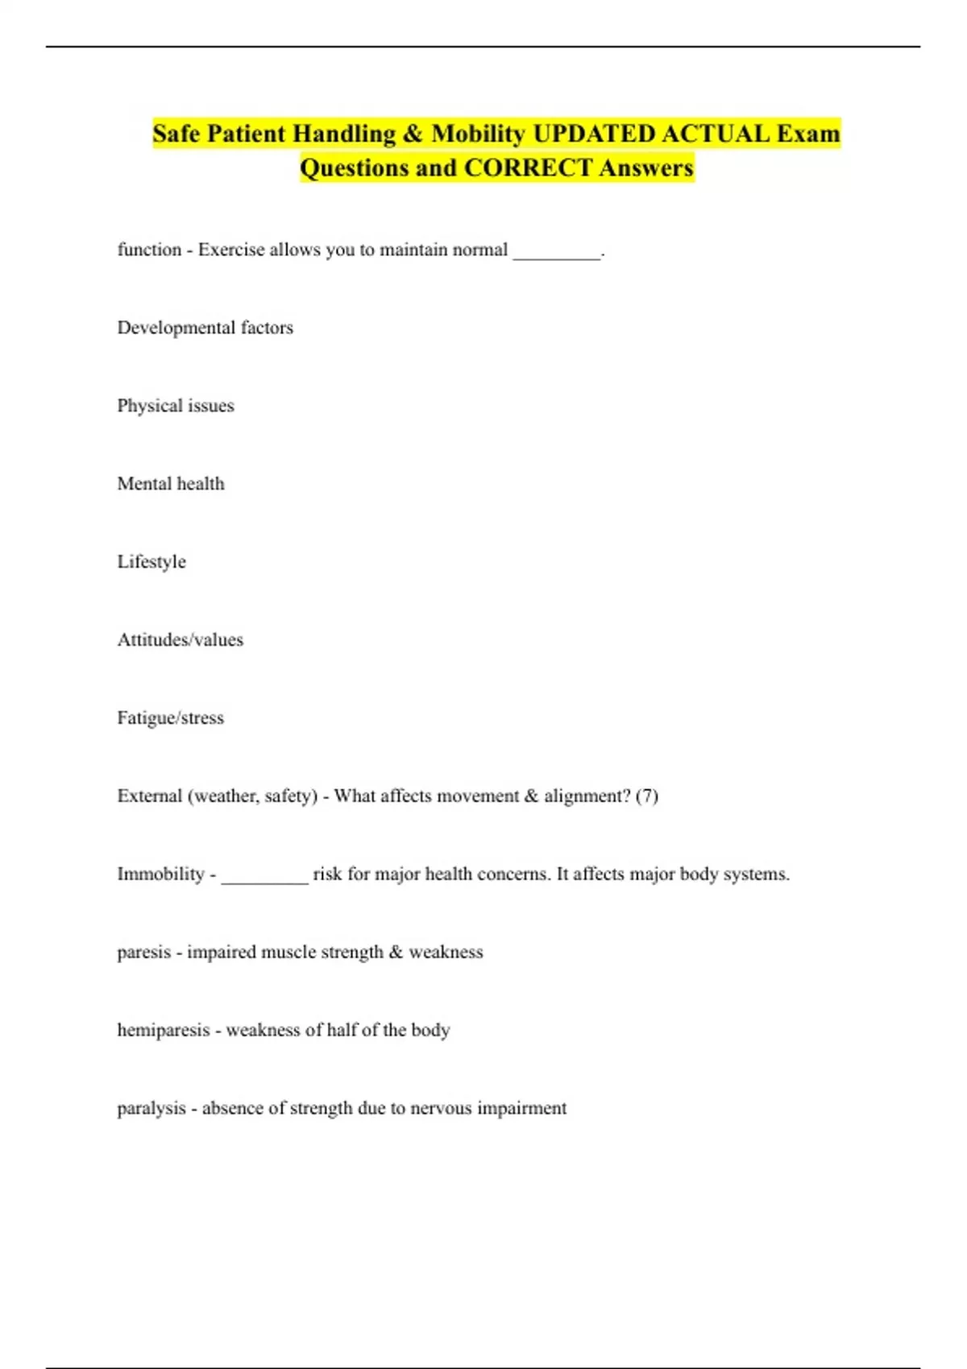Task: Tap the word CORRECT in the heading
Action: (528, 168)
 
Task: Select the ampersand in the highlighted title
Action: (413, 134)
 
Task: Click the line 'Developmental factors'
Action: (205, 328)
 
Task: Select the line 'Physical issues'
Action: (176, 406)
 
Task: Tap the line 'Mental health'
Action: (171, 484)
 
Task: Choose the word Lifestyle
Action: (151, 562)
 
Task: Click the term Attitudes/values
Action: (180, 640)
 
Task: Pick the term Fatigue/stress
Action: (170, 718)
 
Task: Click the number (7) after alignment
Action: (646, 796)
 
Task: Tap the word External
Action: (150, 796)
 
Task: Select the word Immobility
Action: (160, 875)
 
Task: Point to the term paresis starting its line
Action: (143, 953)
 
